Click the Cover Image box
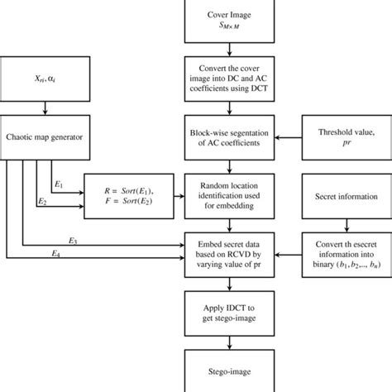pos(227,22)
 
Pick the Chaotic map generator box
pos(46,137)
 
